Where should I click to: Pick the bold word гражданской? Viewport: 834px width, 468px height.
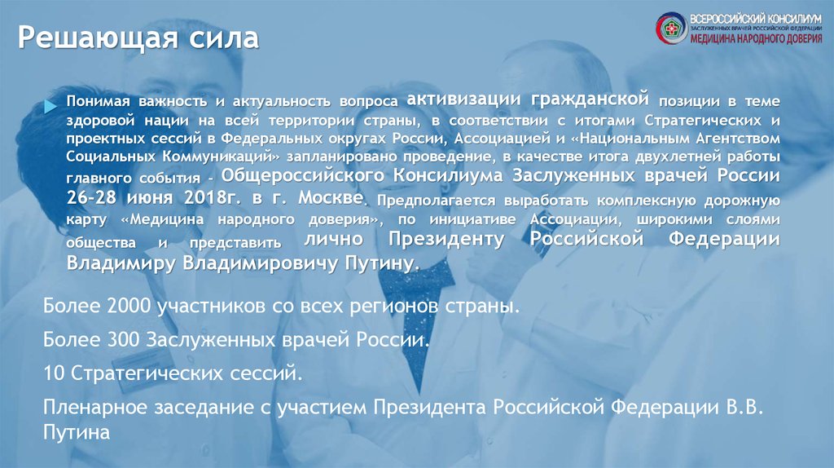[x=590, y=99]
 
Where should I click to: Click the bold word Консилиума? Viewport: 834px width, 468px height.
[x=447, y=175]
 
